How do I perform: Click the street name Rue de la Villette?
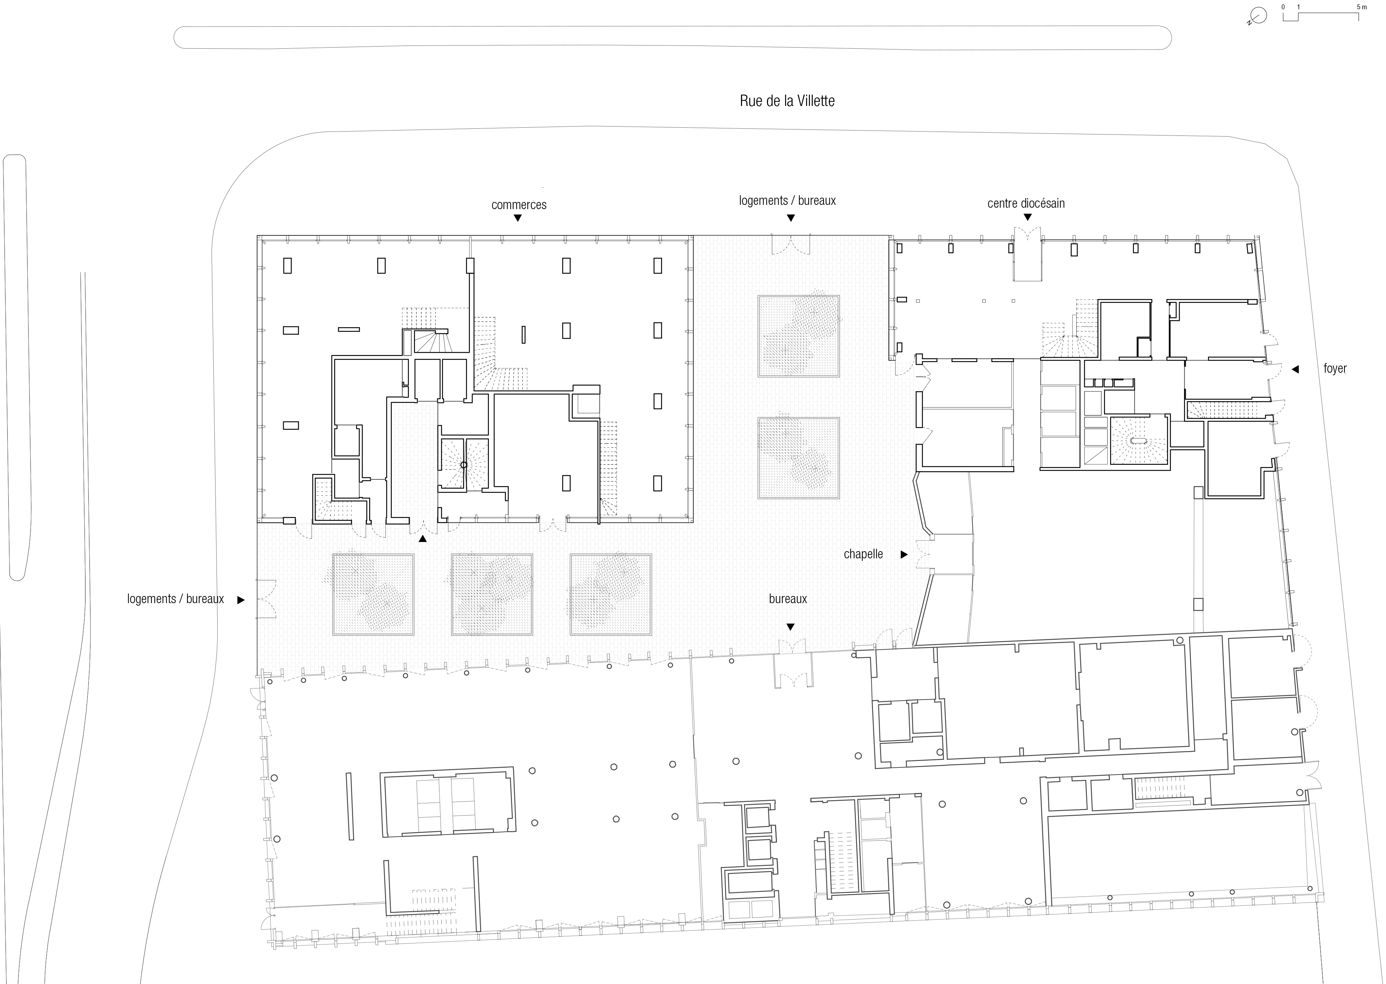(787, 101)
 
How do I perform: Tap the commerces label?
(518, 205)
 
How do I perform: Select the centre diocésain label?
(1025, 203)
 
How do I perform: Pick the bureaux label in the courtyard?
(788, 599)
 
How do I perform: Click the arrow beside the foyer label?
(1295, 369)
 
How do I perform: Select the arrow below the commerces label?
(517, 218)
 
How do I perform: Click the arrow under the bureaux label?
(790, 627)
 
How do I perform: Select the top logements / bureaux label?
(787, 201)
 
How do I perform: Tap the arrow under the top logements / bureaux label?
(790, 218)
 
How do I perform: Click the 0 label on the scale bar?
(1283, 7)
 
